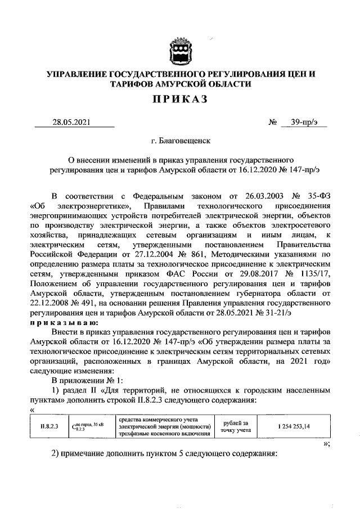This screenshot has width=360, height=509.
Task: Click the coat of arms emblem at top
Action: coord(180,51)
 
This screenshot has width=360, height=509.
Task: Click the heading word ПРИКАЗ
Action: coord(180,100)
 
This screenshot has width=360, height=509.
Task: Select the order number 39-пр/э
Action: coord(304,122)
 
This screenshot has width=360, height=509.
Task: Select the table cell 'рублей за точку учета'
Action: coord(237,426)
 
